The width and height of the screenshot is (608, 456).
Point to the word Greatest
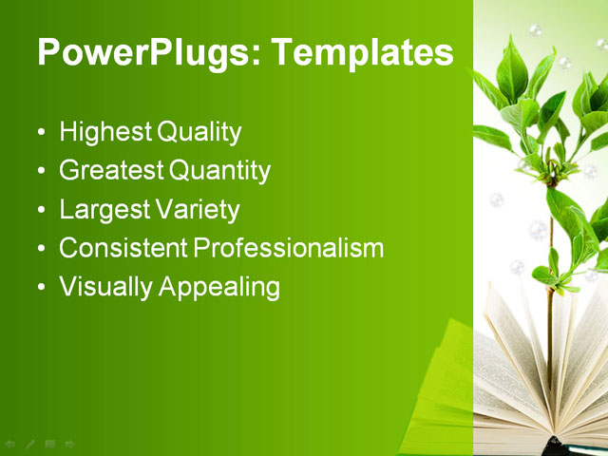(x=110, y=171)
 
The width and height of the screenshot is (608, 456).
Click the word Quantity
(x=220, y=171)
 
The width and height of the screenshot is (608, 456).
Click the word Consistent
(x=123, y=249)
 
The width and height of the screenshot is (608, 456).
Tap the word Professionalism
(x=289, y=249)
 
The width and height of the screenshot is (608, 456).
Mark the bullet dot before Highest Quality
(x=40, y=133)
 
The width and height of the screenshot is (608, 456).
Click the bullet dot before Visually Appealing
(x=40, y=288)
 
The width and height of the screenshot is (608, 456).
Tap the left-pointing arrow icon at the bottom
(x=10, y=443)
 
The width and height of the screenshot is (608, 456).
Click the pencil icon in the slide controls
(x=30, y=443)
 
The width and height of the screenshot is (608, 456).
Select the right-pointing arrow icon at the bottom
(x=70, y=443)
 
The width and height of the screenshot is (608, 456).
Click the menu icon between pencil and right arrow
(x=50, y=443)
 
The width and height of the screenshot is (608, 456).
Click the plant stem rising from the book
(x=549, y=313)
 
